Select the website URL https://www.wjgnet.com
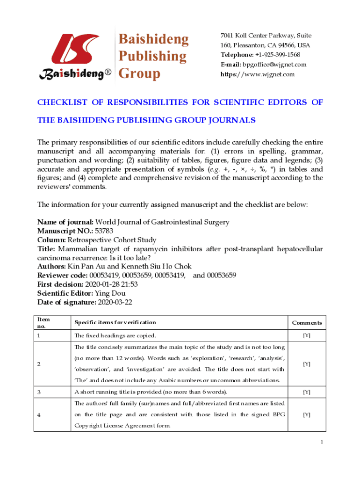pos(258,74)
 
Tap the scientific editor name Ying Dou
pos(110,293)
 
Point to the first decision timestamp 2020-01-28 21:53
pos(111,284)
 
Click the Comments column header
pos(307,323)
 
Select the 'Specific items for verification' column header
pos(115,322)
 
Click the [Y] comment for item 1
pos(307,336)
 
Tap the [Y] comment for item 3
pos(307,392)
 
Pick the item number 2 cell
pos(39,364)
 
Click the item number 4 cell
pos(39,414)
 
